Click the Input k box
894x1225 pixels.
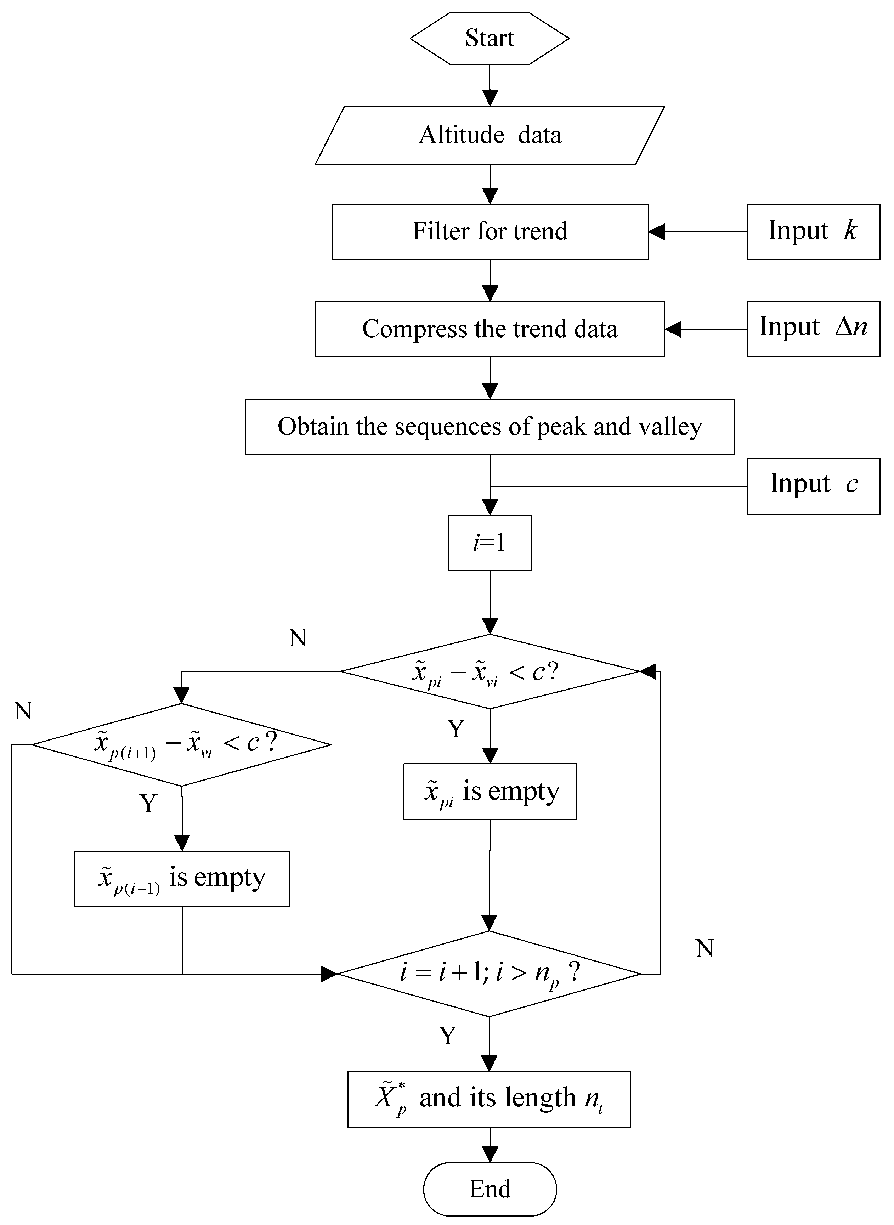[813, 232]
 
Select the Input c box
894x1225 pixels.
[813, 486]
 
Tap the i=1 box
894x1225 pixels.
[490, 543]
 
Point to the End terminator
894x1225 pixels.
[490, 1189]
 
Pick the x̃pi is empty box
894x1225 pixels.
[490, 792]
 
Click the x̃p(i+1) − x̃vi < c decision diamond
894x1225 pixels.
[182, 744]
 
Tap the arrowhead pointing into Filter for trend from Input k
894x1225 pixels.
[656, 232]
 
